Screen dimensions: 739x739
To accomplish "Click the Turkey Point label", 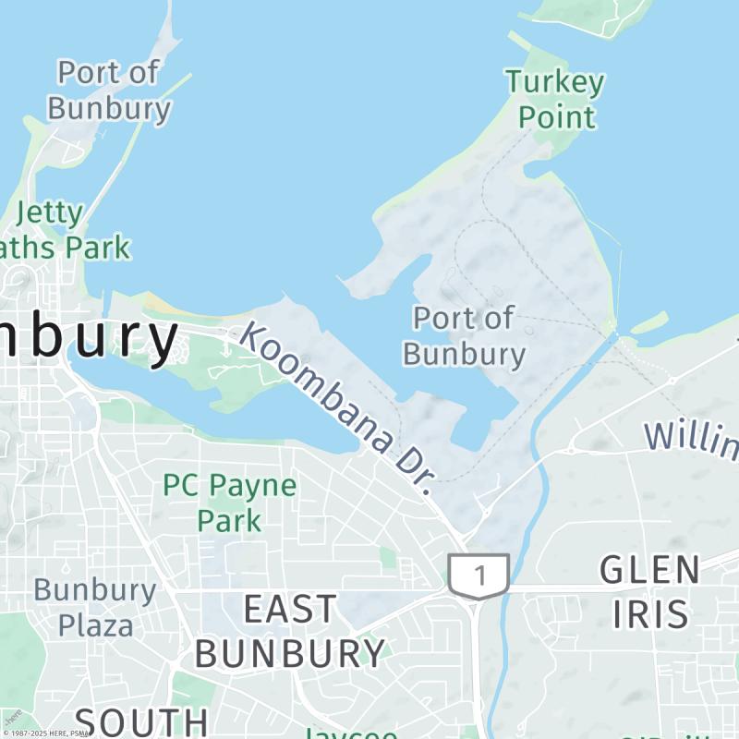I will (x=555, y=100).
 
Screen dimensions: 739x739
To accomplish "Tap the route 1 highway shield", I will (x=479, y=575).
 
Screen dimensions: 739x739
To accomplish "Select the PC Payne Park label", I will (x=230, y=503).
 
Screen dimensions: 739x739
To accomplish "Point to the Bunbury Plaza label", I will (x=95, y=607).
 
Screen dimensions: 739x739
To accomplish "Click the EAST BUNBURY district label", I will (x=289, y=632).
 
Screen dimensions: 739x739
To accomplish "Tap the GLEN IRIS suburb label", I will (x=649, y=591).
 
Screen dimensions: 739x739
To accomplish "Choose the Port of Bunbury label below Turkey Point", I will (x=464, y=336).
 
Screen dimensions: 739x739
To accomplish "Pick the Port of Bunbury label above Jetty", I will (x=109, y=90).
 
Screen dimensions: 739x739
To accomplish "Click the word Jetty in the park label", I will (x=49, y=213).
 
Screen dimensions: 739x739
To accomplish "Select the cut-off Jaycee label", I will (x=351, y=733).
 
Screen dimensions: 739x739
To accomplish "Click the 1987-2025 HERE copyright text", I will (x=46, y=733).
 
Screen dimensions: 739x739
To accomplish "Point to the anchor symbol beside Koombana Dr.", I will (x=224, y=349).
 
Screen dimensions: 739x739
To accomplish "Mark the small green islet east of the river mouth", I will (x=649, y=322).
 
